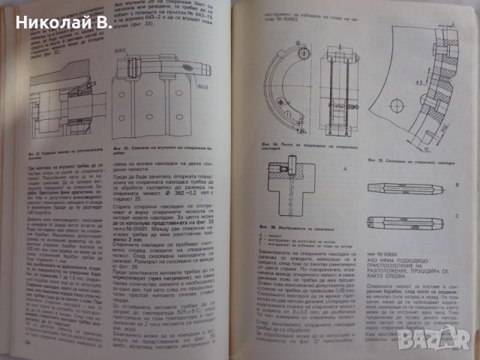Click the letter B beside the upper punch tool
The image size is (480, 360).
point(457,183)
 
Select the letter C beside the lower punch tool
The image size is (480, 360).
point(457,215)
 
